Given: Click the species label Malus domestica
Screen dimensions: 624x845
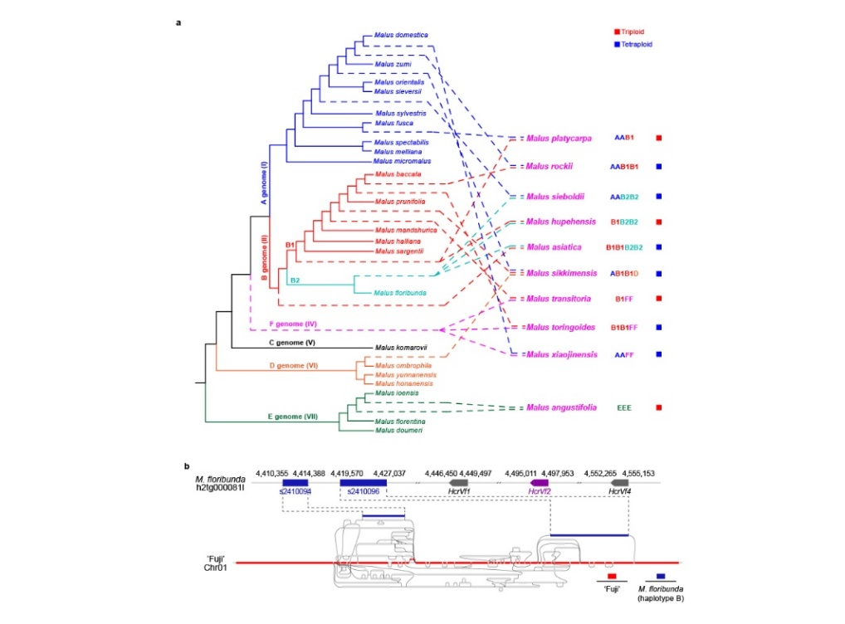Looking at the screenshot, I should coord(399,35).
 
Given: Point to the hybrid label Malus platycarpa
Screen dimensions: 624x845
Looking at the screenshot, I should coord(561,138).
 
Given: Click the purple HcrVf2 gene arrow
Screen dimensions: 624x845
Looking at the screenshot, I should coord(540,482).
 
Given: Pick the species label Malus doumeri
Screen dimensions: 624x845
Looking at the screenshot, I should coord(395,430).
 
